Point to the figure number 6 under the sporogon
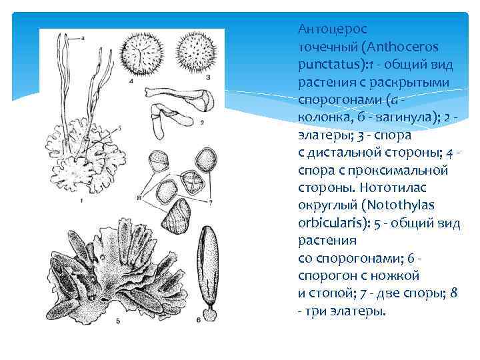(198, 320)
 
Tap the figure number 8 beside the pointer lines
(138, 198)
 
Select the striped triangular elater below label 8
(177, 219)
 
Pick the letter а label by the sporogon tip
(83, 39)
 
